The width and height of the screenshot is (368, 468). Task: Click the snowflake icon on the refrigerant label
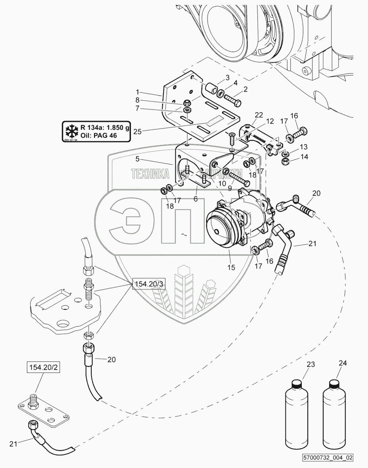tap(71, 131)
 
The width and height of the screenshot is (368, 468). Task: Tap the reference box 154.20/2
tap(40, 368)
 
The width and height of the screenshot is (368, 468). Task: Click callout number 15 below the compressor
tap(232, 268)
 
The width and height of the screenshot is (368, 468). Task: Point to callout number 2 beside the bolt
tap(245, 89)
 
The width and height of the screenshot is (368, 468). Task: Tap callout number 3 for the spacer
tap(228, 77)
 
